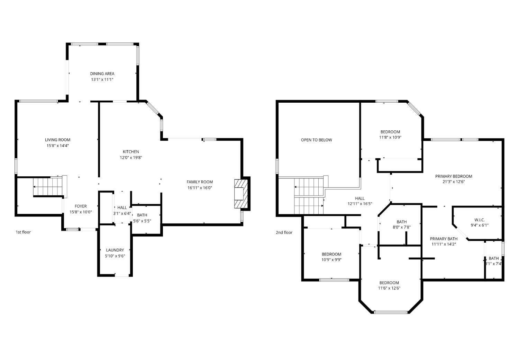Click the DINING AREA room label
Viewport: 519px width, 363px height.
click(x=102, y=74)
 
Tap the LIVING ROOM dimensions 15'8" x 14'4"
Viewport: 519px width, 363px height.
click(x=57, y=146)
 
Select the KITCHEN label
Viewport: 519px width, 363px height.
click(x=131, y=152)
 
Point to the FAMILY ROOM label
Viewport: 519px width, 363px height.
click(x=200, y=182)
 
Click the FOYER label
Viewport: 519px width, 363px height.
click(x=81, y=206)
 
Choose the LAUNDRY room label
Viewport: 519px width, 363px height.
click(x=115, y=250)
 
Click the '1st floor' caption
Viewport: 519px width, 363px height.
click(x=23, y=232)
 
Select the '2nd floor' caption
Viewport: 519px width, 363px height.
click(x=284, y=233)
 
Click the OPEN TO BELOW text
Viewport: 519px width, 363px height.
click(x=316, y=140)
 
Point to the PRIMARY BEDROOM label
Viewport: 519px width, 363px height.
click(x=453, y=176)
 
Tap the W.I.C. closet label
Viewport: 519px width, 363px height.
click(x=479, y=220)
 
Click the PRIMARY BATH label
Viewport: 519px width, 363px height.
click(x=444, y=239)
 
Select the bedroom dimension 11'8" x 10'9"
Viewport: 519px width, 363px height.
click(x=390, y=137)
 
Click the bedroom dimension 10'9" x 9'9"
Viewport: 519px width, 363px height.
click(x=331, y=260)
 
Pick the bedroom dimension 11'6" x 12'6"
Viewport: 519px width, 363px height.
click(x=389, y=288)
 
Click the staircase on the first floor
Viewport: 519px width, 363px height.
click(x=47, y=187)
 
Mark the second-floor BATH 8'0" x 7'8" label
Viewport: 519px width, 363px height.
click(x=401, y=224)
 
